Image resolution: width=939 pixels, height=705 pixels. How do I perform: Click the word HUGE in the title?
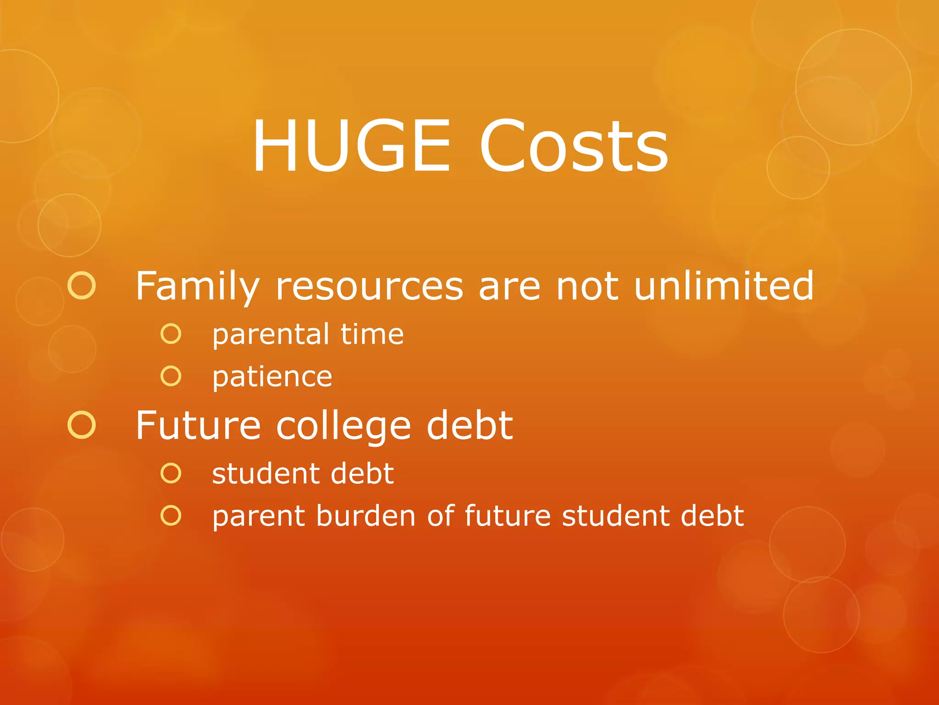(351, 146)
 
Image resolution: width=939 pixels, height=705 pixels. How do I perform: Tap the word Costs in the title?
(573, 146)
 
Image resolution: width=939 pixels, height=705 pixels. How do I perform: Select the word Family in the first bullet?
(198, 286)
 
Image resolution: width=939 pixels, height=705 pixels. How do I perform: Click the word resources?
(370, 286)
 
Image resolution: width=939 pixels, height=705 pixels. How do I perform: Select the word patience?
(272, 377)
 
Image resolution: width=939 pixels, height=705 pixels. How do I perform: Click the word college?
(343, 426)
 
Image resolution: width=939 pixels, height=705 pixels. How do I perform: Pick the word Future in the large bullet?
(198, 425)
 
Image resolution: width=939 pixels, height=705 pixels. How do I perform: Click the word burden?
(366, 515)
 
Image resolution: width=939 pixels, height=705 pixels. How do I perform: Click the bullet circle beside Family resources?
(82, 285)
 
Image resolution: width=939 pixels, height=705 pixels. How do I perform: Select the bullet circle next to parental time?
(171, 334)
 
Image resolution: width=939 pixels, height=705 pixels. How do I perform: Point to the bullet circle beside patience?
(171, 376)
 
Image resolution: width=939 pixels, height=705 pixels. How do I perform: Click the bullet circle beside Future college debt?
(82, 425)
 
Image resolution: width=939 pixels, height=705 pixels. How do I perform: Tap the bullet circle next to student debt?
(171, 473)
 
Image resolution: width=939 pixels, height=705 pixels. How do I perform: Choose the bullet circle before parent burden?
(171, 515)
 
